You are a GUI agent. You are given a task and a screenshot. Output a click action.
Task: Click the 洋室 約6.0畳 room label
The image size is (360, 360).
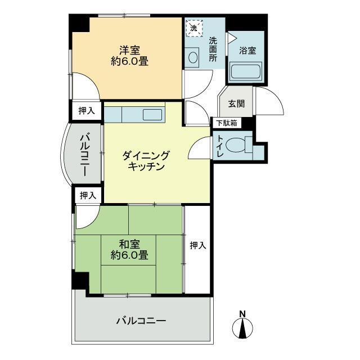point(129,56)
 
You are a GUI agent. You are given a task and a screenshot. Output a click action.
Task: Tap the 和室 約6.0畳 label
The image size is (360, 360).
point(129,250)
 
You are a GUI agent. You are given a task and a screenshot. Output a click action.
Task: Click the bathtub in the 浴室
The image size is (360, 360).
point(246,71)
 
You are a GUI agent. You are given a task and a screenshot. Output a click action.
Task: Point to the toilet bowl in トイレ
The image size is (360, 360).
point(235,145)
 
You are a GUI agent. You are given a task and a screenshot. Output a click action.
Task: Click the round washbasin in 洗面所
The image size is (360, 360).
point(192,57)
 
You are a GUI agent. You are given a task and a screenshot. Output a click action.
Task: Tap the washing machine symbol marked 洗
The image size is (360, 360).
point(194,28)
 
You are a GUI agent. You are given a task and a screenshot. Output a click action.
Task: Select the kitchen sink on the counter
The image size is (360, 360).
point(152,115)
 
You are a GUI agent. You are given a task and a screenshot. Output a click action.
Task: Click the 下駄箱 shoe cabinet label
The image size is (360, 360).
point(227,123)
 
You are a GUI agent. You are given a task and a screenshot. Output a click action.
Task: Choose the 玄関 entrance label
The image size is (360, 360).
point(236,103)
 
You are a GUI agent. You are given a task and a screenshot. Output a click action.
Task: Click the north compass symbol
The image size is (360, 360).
point(242,328)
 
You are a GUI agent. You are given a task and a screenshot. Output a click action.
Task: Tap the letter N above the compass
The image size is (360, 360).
point(242,314)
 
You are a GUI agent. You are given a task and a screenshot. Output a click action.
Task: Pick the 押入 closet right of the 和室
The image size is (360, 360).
point(198,246)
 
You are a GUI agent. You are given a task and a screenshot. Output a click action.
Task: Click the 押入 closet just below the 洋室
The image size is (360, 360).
point(87,111)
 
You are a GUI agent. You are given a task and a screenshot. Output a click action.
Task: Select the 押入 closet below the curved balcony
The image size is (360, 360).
point(88,195)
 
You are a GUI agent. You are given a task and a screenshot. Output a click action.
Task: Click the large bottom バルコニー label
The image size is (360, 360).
point(141,321)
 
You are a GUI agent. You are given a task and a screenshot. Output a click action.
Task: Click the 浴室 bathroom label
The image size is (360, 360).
point(247,51)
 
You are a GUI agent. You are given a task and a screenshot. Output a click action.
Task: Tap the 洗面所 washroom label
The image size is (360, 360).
point(213,49)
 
